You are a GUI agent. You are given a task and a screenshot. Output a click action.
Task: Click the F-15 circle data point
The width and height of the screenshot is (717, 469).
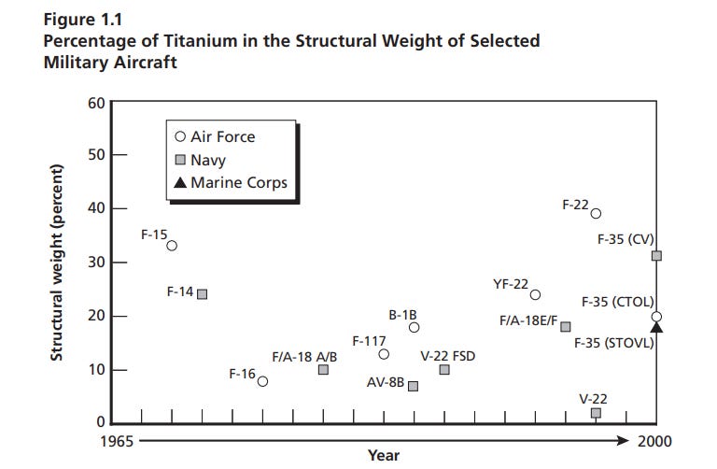[172, 246]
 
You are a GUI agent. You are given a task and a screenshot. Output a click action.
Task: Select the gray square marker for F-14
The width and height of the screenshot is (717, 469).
[202, 293]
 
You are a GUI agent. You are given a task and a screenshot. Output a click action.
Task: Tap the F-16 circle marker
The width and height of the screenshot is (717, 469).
[262, 381]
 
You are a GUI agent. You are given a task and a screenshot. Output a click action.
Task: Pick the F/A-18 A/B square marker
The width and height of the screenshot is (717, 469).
[323, 370]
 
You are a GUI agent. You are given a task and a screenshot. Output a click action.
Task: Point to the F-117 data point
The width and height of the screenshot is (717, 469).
[384, 354]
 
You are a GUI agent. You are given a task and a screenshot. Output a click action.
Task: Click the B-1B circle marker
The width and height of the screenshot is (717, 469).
[414, 327]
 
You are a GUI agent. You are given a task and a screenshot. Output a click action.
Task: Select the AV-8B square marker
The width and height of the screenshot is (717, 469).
[414, 386]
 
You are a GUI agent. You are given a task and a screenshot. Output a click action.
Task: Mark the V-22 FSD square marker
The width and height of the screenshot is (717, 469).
[444, 370]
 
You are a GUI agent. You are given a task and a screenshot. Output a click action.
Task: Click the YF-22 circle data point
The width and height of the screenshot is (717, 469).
[535, 294]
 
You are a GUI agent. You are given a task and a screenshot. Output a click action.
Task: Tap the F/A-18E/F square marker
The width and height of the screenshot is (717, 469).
[565, 327]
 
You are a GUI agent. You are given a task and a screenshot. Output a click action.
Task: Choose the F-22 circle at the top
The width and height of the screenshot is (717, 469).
[596, 213]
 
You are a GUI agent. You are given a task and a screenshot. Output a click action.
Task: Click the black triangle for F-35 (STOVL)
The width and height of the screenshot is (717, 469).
[655, 326]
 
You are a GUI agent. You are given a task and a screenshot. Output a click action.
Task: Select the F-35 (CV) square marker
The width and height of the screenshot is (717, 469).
[656, 255]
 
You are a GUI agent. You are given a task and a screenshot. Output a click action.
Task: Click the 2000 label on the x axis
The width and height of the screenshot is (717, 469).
[654, 440]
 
